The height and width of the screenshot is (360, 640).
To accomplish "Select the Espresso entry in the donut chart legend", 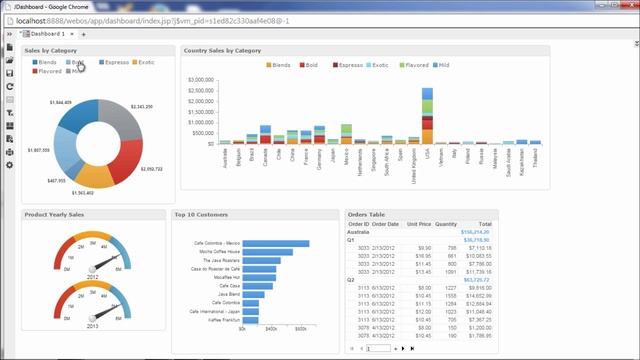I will coord(111,62).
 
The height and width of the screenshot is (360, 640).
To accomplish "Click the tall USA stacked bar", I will coord(427,116).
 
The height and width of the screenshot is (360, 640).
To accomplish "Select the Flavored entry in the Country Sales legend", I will coord(415,65).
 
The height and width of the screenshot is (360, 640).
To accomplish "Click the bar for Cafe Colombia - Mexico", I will coord(269,243).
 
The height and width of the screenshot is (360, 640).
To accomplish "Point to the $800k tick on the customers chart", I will coord(301,328).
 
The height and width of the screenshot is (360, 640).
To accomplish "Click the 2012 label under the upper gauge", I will coord(92,275).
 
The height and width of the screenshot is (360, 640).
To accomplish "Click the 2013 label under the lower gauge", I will coord(92,325).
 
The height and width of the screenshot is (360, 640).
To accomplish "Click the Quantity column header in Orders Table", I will coord(446,224).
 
